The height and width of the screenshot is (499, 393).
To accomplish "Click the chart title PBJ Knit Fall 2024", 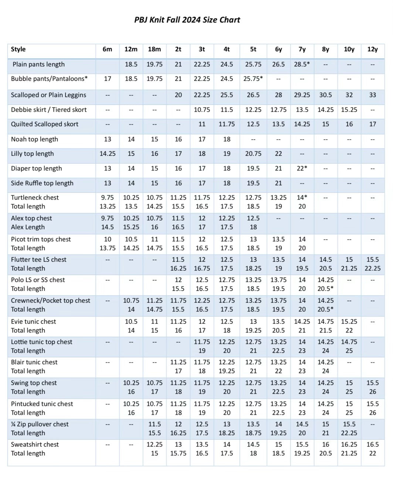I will click(187, 20).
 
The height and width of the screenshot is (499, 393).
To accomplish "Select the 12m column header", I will click(131, 49).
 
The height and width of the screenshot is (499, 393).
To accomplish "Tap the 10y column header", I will click(349, 49).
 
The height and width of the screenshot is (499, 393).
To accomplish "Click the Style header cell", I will click(18, 49).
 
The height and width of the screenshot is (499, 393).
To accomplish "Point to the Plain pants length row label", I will click(38, 65).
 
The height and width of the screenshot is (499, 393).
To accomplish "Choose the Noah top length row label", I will click(34, 140).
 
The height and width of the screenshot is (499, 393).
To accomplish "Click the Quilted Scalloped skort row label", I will click(44, 124).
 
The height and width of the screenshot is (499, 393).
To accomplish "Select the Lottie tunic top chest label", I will click(41, 342).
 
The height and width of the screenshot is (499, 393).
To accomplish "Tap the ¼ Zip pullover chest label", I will click(40, 424).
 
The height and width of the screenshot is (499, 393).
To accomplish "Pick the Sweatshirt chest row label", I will click(35, 445).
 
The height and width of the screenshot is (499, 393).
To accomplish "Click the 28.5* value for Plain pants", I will click(302, 65).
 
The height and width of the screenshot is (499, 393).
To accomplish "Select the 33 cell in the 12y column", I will click(372, 95).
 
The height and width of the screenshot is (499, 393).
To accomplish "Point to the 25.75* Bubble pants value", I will click(253, 79).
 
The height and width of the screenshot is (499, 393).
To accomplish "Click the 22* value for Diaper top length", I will click(302, 169).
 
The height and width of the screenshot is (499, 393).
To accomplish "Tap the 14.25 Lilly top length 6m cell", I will click(107, 154).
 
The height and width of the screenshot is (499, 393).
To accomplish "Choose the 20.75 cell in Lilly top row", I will click(253, 154).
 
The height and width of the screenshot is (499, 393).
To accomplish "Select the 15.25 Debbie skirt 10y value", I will click(349, 110).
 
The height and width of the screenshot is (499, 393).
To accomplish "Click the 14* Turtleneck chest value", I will click(302, 198).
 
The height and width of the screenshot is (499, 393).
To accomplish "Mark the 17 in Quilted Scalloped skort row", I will click(372, 124).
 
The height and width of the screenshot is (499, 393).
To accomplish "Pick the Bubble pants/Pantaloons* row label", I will click(49, 79).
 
